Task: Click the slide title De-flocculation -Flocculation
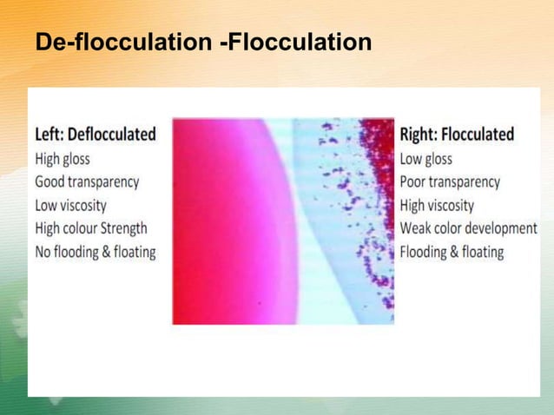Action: [203, 41]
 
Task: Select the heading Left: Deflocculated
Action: [96, 135]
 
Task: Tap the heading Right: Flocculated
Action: [457, 135]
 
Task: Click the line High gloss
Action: [63, 159]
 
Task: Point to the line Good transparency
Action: [87, 182]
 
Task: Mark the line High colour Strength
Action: [91, 229]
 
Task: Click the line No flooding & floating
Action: [96, 253]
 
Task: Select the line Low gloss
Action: [425, 159]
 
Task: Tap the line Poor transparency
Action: [450, 182]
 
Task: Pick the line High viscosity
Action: [437, 206]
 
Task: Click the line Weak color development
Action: [469, 229]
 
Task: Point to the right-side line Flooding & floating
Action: [452, 253]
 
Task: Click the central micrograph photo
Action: [283, 221]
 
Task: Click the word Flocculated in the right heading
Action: [478, 135]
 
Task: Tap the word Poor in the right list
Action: [414, 182]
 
